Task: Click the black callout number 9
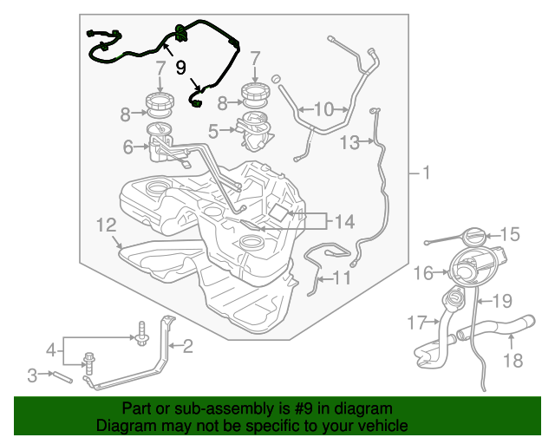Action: [181, 68]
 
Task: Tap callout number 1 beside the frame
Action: [426, 173]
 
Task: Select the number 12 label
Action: [107, 225]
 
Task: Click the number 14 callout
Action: [344, 222]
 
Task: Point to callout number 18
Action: [513, 361]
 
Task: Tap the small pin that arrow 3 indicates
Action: [62, 376]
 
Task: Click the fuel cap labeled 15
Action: [474, 237]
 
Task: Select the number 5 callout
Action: [213, 131]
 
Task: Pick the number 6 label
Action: [127, 147]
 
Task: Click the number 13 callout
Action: [349, 143]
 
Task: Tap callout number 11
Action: [342, 278]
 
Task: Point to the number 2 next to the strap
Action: [187, 346]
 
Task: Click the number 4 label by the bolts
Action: [51, 350]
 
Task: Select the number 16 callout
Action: [423, 273]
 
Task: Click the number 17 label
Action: [417, 323]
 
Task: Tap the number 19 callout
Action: [502, 301]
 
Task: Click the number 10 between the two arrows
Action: [323, 109]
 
